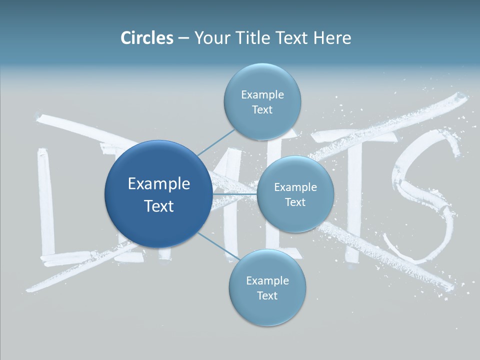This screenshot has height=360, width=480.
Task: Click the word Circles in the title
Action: [146, 38]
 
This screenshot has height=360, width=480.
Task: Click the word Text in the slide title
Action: [292, 38]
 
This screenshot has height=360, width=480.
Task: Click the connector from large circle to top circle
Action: [216, 142]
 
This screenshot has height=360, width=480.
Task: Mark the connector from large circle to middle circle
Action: [234, 193]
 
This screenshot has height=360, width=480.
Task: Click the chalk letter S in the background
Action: [425, 200]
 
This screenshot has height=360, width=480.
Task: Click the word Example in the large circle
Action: [158, 183]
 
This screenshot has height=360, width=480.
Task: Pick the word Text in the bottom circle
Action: [267, 295]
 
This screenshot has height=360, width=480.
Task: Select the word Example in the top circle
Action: [262, 94]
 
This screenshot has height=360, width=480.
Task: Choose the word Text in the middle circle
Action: [295, 202]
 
